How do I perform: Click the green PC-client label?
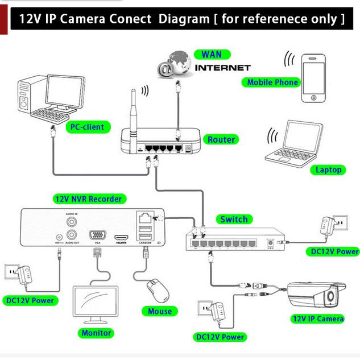click(x=87, y=126)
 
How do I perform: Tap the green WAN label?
click(x=212, y=55)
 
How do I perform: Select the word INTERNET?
click(x=223, y=68)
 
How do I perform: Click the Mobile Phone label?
click(x=272, y=82)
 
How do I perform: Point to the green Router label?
click(x=221, y=139)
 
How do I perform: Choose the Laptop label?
click(x=329, y=169)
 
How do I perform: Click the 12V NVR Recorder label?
click(x=88, y=199)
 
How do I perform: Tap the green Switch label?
click(x=234, y=219)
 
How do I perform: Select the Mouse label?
click(x=160, y=311)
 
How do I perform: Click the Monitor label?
click(x=97, y=333)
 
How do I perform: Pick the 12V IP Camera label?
click(x=317, y=318)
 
